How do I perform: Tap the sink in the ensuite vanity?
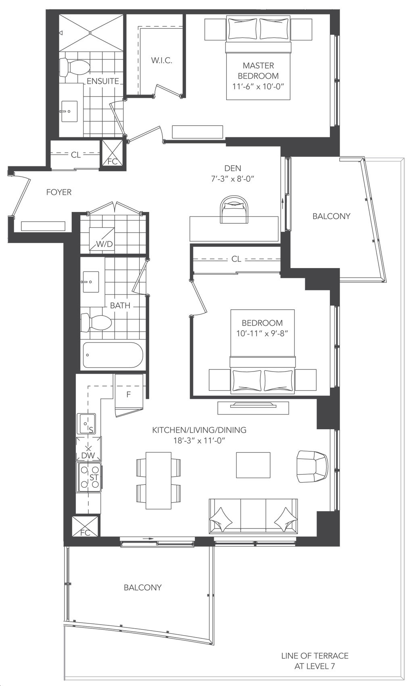[x=69, y=111]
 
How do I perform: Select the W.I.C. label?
[x=161, y=60]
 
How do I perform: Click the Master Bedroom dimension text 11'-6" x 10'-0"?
[x=258, y=87]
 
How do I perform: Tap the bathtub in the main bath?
[x=113, y=355]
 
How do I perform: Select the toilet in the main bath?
[x=96, y=323]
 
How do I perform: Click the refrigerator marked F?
[x=129, y=395]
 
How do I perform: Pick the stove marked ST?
[x=89, y=477]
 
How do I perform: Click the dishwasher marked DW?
[x=88, y=449]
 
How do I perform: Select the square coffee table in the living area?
[x=253, y=465]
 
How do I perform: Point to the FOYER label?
[x=59, y=192]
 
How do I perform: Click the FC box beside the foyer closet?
[x=113, y=153]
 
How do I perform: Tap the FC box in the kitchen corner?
[x=86, y=526]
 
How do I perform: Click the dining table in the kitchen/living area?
[x=158, y=480]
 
